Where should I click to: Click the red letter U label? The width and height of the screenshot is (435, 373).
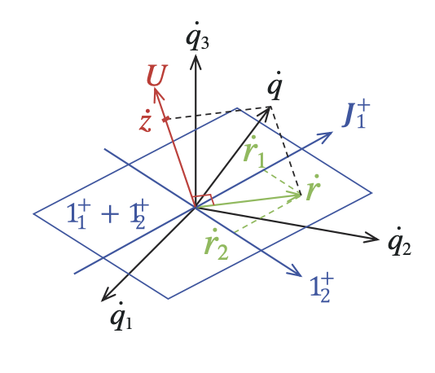click(157, 75)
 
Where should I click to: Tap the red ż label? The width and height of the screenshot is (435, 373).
click(146, 121)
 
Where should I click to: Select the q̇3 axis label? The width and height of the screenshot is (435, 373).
click(197, 37)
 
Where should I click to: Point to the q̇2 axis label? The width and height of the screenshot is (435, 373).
click(399, 242)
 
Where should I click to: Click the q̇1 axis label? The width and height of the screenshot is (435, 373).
click(121, 317)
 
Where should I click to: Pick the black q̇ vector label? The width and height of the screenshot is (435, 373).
click(275, 86)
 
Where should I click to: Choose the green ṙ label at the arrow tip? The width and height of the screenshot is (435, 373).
click(314, 187)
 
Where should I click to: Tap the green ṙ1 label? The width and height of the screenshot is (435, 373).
click(254, 152)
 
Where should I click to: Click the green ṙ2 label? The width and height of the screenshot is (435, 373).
click(216, 244)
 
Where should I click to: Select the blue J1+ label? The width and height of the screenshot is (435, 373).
click(356, 115)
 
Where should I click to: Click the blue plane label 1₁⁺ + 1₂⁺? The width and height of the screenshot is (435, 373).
click(108, 214)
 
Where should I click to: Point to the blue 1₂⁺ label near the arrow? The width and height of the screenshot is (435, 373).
click(322, 287)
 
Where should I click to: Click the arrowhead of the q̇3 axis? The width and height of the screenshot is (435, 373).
click(196, 55)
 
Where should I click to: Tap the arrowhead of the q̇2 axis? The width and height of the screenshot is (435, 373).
click(379, 239)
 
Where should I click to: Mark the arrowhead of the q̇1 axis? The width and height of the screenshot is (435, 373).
click(103, 301)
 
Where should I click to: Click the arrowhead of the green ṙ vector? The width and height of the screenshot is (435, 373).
click(301, 195)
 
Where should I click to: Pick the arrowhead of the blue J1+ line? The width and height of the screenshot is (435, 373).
click(332, 133)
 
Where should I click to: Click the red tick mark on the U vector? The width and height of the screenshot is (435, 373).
click(165, 119)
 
